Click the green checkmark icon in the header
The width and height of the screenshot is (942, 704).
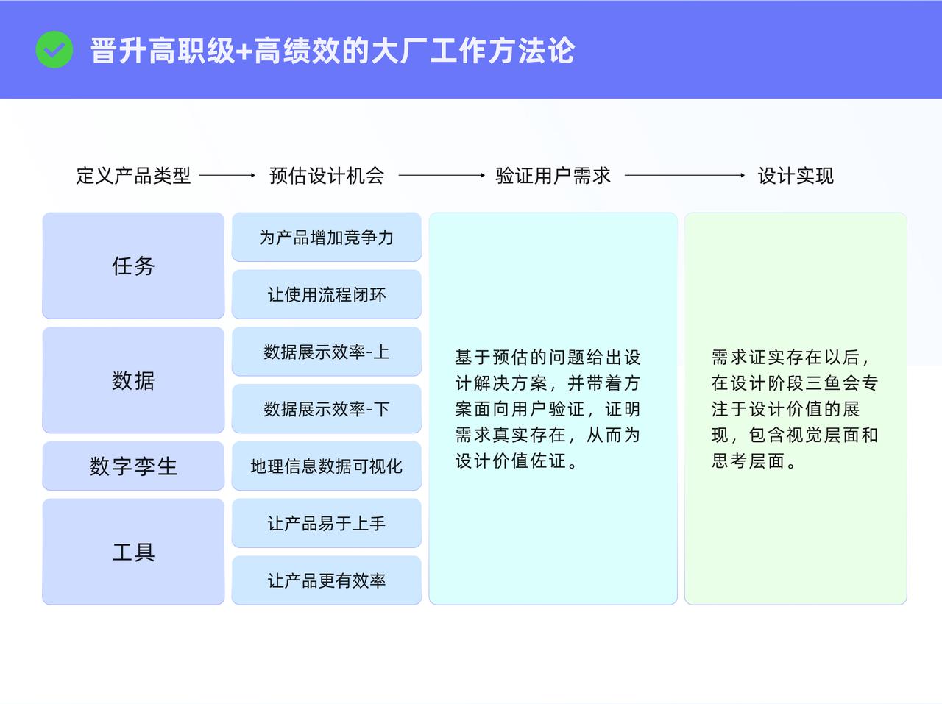tap(54, 49)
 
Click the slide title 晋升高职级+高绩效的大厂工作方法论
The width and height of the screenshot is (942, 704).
tap(332, 50)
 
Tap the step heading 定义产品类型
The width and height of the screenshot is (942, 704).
tap(133, 176)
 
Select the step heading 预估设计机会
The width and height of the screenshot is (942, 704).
tap(327, 176)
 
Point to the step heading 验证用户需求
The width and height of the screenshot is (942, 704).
tap(553, 176)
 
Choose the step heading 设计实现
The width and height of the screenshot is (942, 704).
tap(796, 176)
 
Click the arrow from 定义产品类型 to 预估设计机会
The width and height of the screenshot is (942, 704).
tap(227, 175)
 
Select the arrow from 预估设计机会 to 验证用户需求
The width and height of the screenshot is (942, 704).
tap(442, 175)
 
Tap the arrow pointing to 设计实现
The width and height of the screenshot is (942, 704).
tap(684, 175)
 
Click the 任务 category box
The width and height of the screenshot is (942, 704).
tap(133, 266)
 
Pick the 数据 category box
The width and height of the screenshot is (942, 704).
tap(133, 380)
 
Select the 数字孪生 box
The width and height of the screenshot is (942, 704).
tap(133, 466)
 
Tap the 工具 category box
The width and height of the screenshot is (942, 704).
tap(133, 552)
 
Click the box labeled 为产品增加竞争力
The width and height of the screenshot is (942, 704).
tap(327, 237)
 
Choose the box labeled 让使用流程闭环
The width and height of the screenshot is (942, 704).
tap(327, 294)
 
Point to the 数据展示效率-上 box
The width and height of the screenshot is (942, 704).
tap(327, 352)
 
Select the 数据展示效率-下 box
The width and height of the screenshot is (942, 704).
tap(327, 409)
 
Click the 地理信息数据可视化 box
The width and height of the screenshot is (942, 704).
tap(327, 466)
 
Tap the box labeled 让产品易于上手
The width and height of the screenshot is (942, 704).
tap(327, 523)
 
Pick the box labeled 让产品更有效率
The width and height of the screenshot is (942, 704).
tap(327, 580)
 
